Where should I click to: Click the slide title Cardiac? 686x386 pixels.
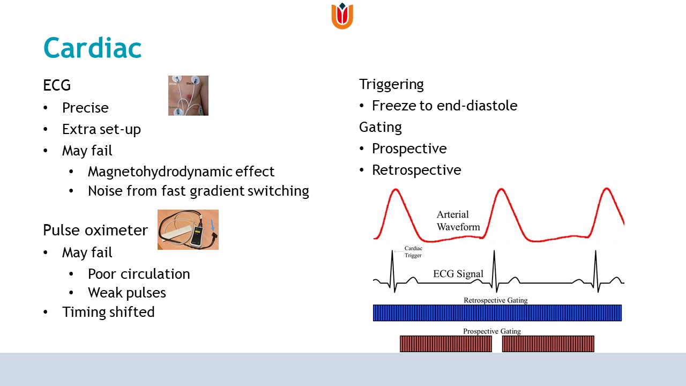(x=93, y=48)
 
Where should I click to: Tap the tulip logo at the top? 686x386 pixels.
(x=342, y=16)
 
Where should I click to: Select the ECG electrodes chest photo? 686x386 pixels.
(x=188, y=95)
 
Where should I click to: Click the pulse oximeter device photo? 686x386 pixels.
(x=188, y=230)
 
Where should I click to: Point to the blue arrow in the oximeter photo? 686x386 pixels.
(x=213, y=225)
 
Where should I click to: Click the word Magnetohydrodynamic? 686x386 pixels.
(x=160, y=172)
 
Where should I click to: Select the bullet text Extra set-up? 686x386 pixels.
(x=101, y=129)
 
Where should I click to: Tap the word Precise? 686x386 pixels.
(x=85, y=108)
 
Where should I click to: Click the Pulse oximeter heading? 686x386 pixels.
(x=95, y=230)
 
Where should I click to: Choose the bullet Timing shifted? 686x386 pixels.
(x=108, y=312)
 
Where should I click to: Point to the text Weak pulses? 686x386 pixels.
(x=127, y=293)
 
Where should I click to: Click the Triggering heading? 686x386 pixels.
(x=391, y=85)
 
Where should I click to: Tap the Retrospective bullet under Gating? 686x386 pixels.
(x=416, y=170)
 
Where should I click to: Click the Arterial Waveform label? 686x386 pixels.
(x=458, y=220)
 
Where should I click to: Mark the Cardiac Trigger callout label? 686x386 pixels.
(x=413, y=252)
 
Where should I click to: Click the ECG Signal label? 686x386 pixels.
(x=458, y=273)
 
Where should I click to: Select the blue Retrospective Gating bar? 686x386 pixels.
(x=497, y=313)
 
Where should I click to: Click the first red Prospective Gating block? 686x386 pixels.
(x=446, y=344)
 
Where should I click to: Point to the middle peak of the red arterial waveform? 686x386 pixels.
(x=501, y=189)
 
